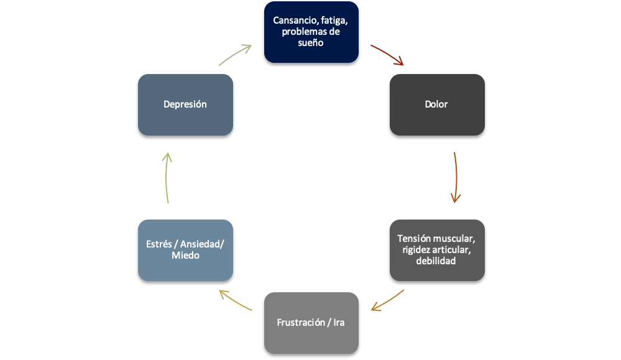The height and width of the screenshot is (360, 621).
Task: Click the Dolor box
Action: [x=437, y=104]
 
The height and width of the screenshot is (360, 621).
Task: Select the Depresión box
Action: [x=185, y=104]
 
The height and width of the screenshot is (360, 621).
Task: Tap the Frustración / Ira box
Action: [x=311, y=323]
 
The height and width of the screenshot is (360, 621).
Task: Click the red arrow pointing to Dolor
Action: [x=387, y=54]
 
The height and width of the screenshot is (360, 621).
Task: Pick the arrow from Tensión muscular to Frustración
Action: [x=387, y=300]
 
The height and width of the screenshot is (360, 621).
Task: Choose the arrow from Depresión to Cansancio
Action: [x=235, y=55]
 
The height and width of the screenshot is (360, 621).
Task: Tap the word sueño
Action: [x=311, y=44]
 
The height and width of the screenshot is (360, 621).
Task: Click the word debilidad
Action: [x=437, y=261]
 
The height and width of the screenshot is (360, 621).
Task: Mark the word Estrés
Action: [x=159, y=244]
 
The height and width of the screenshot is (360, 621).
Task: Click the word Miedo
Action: [x=185, y=255]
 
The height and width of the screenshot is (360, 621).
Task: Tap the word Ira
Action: [x=339, y=323]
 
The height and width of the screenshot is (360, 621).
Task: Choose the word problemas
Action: [x=302, y=32]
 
